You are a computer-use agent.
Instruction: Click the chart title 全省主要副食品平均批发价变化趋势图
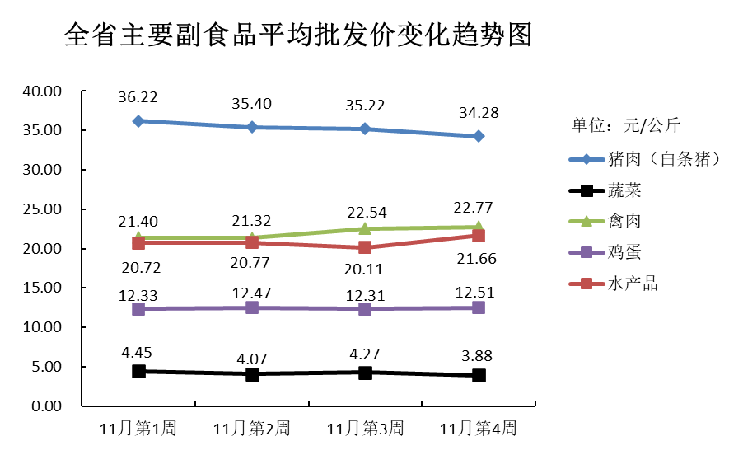(x=297, y=35)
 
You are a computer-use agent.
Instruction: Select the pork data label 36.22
(x=138, y=97)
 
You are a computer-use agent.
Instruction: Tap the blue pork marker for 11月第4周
(x=479, y=136)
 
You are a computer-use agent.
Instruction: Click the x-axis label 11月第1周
(x=138, y=429)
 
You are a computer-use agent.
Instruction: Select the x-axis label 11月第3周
(x=365, y=429)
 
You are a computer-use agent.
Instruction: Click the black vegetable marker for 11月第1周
(x=138, y=372)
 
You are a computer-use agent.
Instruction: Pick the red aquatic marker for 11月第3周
(x=365, y=247)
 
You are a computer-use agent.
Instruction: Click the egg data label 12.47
(x=252, y=293)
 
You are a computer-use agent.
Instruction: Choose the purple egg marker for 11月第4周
(x=479, y=307)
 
